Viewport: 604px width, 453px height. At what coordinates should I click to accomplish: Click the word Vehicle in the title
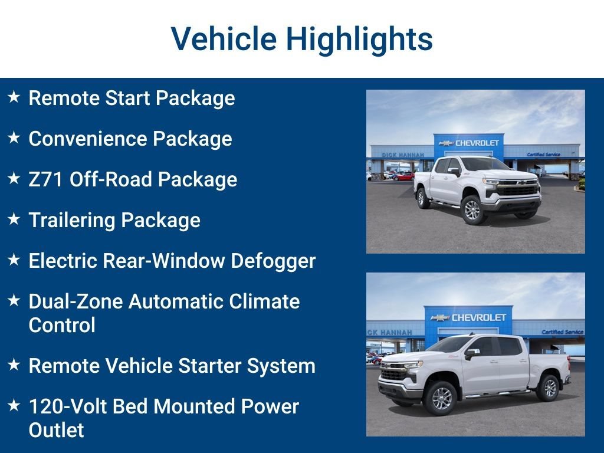[224, 38]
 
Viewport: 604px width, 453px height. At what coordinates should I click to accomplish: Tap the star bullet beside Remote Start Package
[14, 96]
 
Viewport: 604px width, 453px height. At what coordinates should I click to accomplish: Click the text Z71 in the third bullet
[45, 179]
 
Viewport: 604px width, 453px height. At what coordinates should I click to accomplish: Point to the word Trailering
[72, 221]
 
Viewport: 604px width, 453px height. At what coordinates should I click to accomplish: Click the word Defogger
[273, 261]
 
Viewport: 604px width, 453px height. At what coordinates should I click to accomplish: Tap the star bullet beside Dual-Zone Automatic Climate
[14, 300]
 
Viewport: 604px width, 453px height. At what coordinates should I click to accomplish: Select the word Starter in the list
[209, 366]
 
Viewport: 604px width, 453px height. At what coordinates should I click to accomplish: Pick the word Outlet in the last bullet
[56, 430]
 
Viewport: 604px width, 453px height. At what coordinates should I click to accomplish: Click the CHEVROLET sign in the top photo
[469, 143]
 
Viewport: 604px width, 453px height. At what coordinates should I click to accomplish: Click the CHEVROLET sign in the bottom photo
[468, 317]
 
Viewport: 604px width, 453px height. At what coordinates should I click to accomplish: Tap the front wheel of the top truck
[472, 210]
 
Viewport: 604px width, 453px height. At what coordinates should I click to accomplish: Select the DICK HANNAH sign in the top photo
[402, 155]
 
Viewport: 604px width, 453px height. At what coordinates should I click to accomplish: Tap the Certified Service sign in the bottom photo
[562, 331]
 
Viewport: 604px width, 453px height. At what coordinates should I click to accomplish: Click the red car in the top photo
[403, 176]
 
